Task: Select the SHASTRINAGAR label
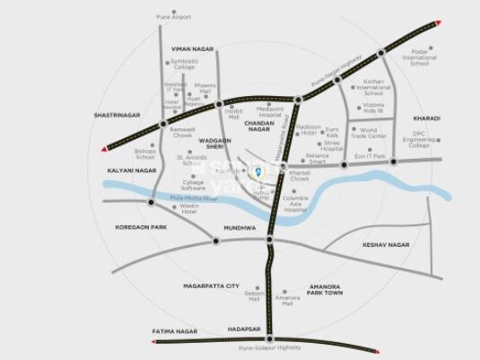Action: [118, 116]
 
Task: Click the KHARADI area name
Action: [426, 119]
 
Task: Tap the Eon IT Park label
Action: [369, 157]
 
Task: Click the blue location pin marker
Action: [258, 171]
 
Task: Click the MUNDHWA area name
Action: [240, 228]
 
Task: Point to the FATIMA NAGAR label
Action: [175, 331]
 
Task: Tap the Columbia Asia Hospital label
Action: [295, 204]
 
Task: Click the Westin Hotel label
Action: [188, 210]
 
